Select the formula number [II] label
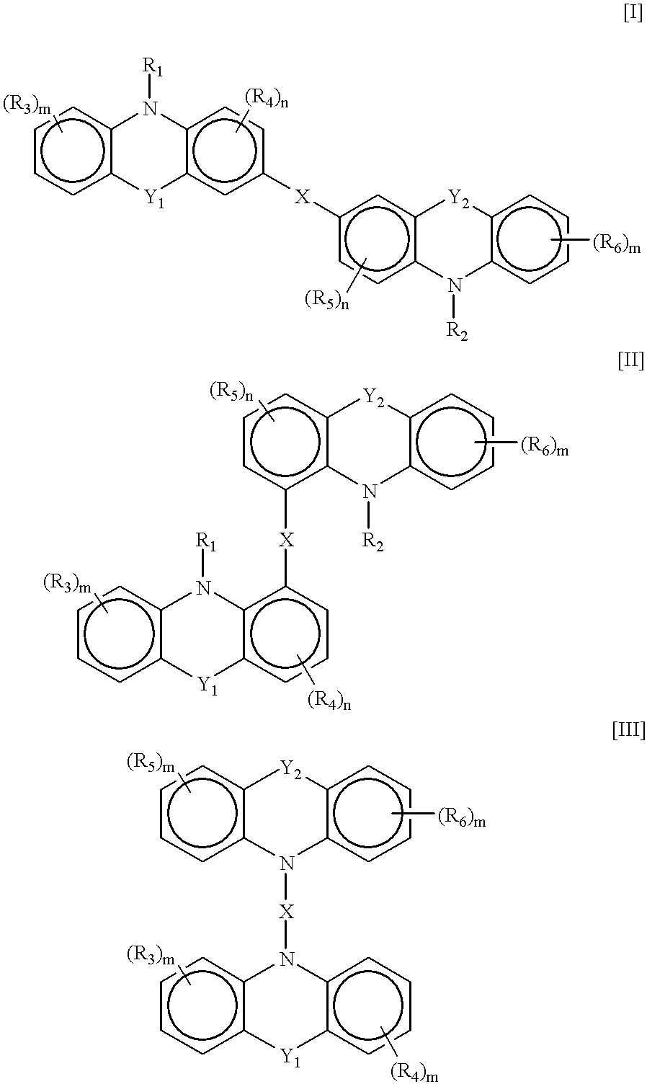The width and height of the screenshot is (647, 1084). point(631,362)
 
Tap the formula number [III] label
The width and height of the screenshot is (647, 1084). point(628,731)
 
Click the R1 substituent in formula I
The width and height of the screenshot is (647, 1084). point(153,68)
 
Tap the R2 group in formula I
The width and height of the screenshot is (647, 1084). point(458,333)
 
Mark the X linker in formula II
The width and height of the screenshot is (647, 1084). point(287,540)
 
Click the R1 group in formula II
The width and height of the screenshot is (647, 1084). point(205,543)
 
